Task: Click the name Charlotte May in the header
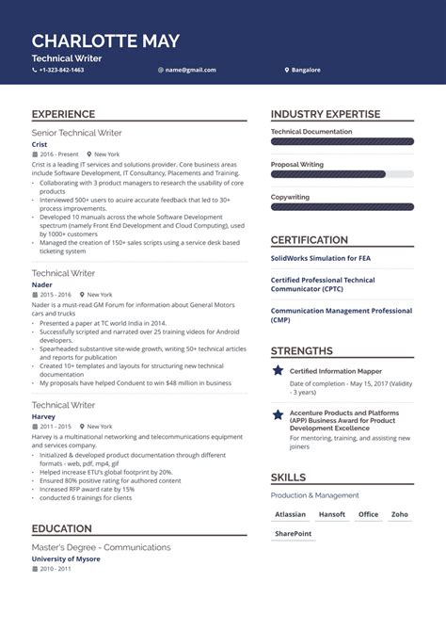tap(105, 40)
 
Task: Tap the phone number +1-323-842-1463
tap(62, 70)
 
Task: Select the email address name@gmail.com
tap(191, 70)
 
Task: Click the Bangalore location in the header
tap(306, 70)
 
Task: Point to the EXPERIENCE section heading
tap(63, 114)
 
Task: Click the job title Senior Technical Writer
tap(76, 133)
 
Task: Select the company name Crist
tap(40, 144)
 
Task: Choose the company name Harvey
tap(43, 416)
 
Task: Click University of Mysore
tap(66, 558)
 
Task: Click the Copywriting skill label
tap(290, 197)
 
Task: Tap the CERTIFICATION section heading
tap(310, 240)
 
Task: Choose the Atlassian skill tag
tap(290, 514)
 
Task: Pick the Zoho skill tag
tap(400, 514)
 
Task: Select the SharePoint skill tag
tap(293, 534)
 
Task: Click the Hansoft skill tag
tap(331, 514)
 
